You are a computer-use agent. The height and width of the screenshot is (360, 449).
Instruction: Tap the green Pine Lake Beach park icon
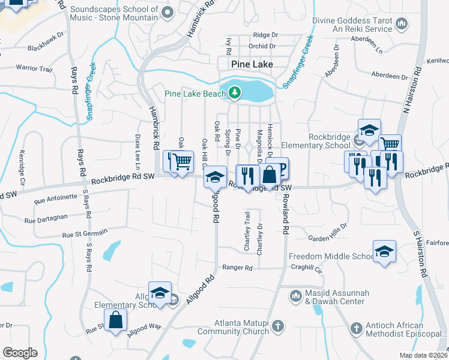pyautogui.click(x=233, y=92)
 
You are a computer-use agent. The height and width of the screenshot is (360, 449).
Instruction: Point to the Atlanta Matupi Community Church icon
pyautogui.click(x=277, y=326)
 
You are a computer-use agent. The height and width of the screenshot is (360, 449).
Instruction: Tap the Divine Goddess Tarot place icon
pyautogui.click(x=402, y=24)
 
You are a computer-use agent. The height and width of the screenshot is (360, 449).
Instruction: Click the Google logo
pyautogui.click(x=20, y=353)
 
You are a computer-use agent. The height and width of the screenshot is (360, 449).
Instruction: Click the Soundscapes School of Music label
pyautogui.click(x=114, y=13)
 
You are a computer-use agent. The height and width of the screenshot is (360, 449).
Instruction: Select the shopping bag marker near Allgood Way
pyautogui.click(x=116, y=320)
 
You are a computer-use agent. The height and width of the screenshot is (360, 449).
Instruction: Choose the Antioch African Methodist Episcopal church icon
pyautogui.click(x=357, y=328)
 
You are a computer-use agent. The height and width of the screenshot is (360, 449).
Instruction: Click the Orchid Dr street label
pyautogui.click(x=264, y=46)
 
